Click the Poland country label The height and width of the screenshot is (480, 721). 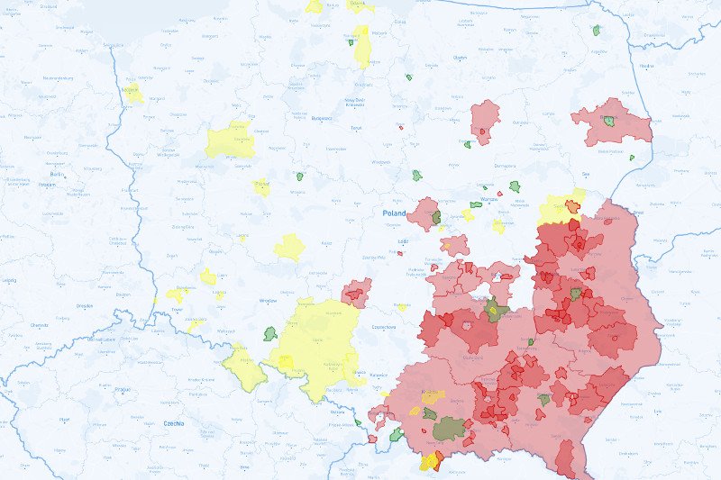(x=394, y=213)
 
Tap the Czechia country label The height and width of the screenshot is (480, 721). (x=173, y=422)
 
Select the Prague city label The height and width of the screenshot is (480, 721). (x=120, y=389)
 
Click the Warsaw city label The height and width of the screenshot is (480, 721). (x=489, y=198)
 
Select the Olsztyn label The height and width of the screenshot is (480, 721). (x=461, y=58)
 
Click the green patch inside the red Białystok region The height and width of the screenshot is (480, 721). (x=610, y=121)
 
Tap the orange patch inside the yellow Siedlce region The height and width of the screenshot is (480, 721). (x=572, y=205)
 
